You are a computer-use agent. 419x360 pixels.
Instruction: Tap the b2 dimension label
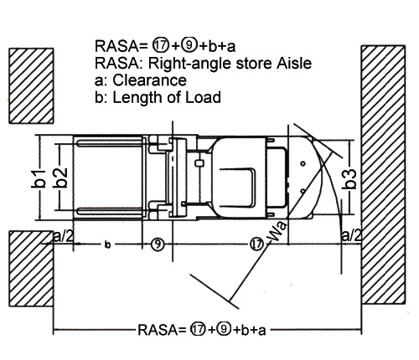point(60,177)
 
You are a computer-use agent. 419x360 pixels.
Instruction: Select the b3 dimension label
point(349,179)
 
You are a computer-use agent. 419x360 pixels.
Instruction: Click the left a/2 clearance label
point(63,236)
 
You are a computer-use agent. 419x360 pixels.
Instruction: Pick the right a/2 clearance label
point(352,235)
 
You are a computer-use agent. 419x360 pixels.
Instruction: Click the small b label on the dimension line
point(107,244)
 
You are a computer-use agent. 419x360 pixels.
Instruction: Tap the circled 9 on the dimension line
point(158,244)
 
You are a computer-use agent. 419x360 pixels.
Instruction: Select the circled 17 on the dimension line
point(257,244)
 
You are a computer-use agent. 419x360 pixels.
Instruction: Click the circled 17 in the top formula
point(160,45)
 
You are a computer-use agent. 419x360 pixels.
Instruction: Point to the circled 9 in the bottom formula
point(224,329)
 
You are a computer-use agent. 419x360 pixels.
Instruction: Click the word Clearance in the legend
point(149,80)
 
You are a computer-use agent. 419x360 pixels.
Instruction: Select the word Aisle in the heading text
point(294,63)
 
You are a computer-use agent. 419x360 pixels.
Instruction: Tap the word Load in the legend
point(203,97)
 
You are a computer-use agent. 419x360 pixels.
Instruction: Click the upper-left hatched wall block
point(31,86)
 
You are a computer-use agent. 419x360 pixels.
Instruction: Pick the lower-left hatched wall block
point(31,269)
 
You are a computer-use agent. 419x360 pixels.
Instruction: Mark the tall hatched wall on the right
point(383,175)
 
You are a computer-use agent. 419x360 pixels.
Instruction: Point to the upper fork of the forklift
point(110,143)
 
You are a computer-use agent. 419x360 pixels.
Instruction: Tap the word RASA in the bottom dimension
point(158,330)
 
